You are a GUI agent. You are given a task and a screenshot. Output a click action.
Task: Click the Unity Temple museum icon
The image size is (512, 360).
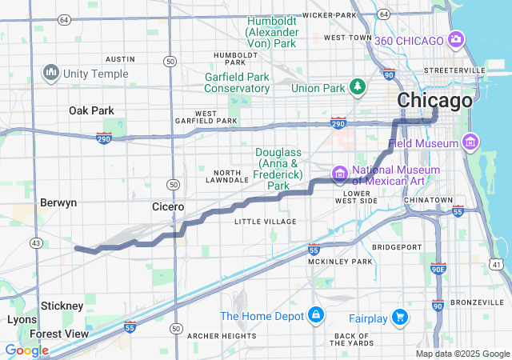pyautogui.click(x=52, y=74)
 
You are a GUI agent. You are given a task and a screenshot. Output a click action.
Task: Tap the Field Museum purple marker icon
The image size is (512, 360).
pyautogui.click(x=470, y=143)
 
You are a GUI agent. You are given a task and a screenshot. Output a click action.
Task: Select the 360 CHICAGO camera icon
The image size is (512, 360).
pyautogui.click(x=457, y=39)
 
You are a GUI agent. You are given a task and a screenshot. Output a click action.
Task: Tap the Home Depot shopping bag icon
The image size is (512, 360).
pyautogui.click(x=317, y=315)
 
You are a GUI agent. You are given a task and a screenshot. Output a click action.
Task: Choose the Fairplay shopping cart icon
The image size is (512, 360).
pyautogui.click(x=400, y=318)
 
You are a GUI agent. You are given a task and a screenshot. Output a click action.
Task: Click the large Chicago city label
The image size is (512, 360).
pyautogui.click(x=434, y=102)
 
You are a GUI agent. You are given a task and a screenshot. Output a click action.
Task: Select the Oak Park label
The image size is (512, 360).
pyautogui.click(x=91, y=110)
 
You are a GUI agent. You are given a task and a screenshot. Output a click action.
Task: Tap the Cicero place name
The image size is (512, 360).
pyautogui.click(x=169, y=206)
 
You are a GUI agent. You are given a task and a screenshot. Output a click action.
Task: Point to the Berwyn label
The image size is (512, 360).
pyautogui.click(x=58, y=202)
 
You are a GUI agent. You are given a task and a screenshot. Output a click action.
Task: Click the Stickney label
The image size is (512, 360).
pyautogui.click(x=62, y=306)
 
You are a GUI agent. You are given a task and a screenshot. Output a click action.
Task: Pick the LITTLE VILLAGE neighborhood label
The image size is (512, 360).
pyautogui.click(x=265, y=222)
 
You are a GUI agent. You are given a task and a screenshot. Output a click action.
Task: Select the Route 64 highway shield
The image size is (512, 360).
pyautogui.click(x=384, y=14)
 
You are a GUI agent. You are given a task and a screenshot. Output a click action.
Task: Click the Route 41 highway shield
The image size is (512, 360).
pyautogui.click(x=497, y=264)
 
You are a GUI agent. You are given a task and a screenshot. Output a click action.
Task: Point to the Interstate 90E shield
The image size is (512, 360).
pyautogui.click(x=438, y=270)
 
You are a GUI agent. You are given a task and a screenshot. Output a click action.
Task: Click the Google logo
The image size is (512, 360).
pyautogui.click(x=27, y=350)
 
